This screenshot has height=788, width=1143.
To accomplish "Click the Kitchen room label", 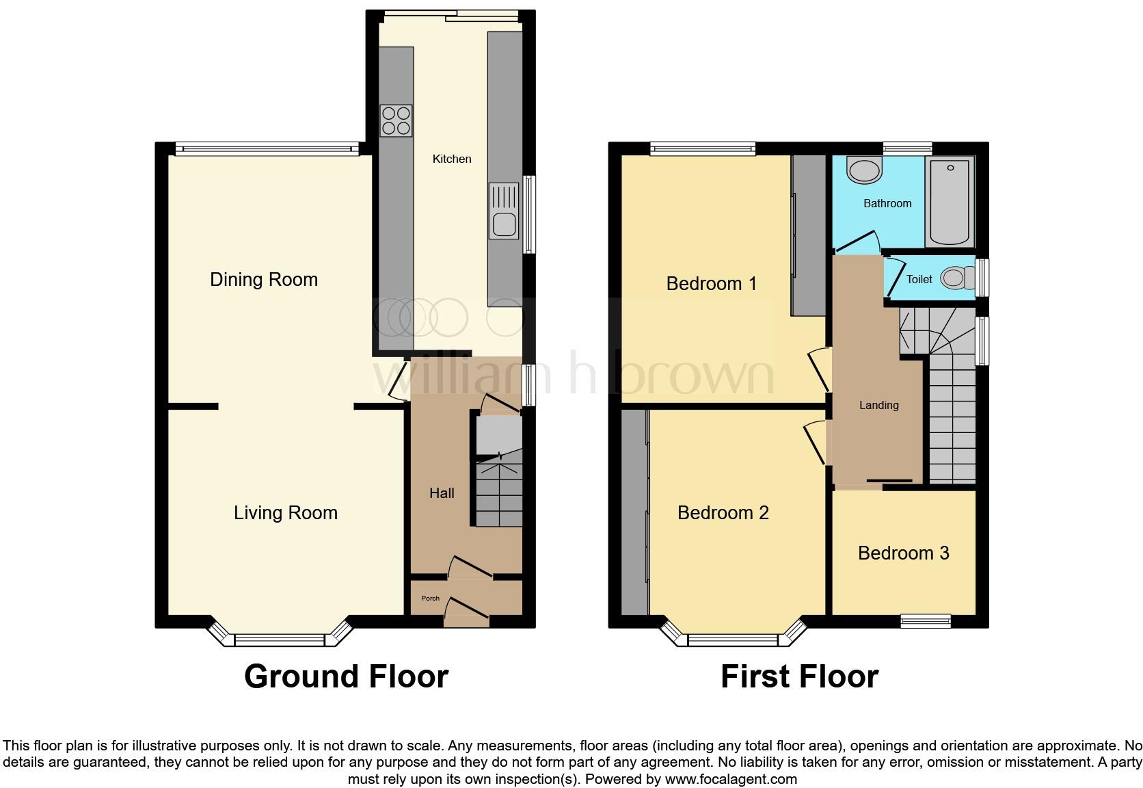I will point(452,159).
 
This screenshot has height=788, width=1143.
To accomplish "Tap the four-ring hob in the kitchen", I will point(396,120).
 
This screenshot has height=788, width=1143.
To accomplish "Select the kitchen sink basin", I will point(505,224).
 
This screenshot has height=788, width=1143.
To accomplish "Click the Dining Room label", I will point(264,279).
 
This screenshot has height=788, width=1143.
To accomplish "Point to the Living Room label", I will point(286,512).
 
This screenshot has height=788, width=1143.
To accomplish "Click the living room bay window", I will point(279,640).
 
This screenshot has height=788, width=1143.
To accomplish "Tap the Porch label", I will point(430,598).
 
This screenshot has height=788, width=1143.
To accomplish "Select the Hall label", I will point(442,492).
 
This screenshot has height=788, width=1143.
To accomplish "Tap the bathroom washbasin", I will point(865,170).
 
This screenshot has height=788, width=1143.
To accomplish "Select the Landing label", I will point(878,405).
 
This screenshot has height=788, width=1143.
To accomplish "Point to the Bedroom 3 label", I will point(903,553).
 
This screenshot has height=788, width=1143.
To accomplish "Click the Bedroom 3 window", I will point(926,621).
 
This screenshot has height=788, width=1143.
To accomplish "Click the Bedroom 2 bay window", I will point(732,640).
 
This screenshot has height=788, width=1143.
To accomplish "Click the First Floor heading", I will point(798,676).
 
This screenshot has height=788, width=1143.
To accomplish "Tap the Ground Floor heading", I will point(346,676).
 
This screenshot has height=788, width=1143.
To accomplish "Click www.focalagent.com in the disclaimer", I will point(731,778).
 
